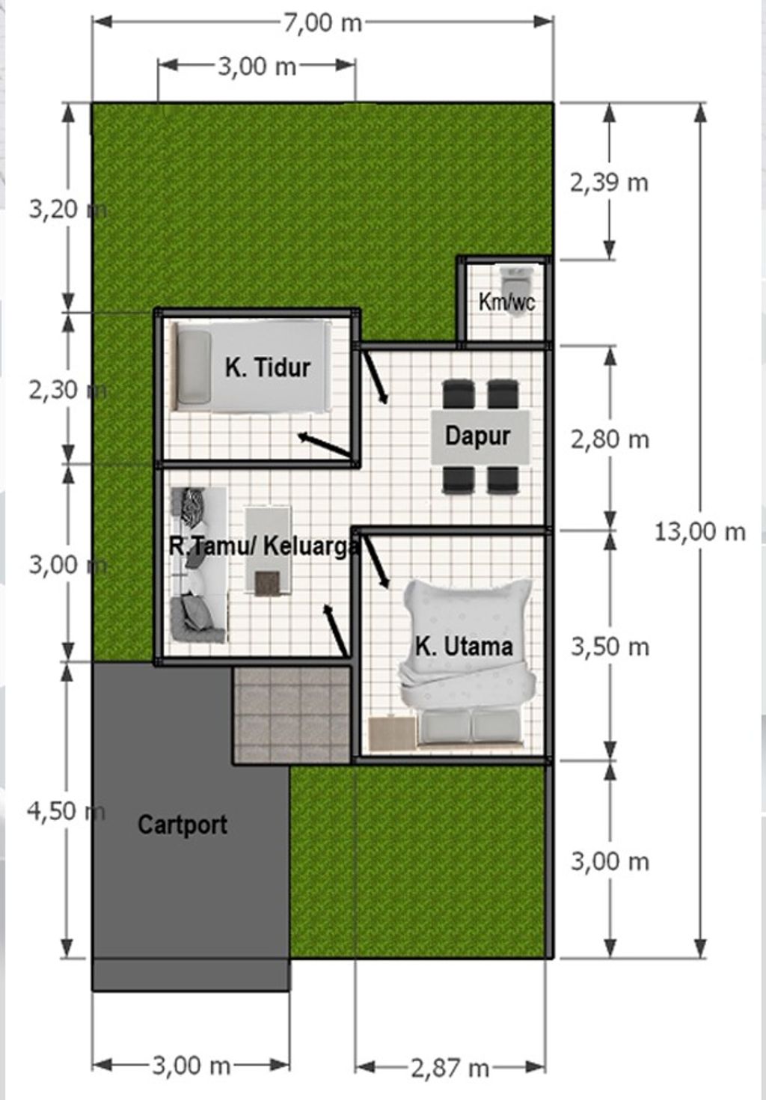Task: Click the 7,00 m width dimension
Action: point(322,22)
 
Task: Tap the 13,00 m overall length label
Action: point(700,532)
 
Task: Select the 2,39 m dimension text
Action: point(609,182)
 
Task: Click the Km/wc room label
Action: point(506,302)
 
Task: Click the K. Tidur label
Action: point(267,367)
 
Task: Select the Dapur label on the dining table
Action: point(477,436)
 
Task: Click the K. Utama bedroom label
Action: point(464,647)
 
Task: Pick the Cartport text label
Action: point(183,825)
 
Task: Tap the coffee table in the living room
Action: point(268,551)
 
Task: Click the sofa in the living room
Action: point(198,565)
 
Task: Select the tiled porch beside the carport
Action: point(292,715)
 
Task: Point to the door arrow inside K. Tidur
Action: point(324,444)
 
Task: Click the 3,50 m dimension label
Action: point(610,647)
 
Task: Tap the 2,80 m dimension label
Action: point(610,439)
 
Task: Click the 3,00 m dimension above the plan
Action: point(257,67)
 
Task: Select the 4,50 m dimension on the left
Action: point(65,810)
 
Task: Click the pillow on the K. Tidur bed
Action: point(194,367)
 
